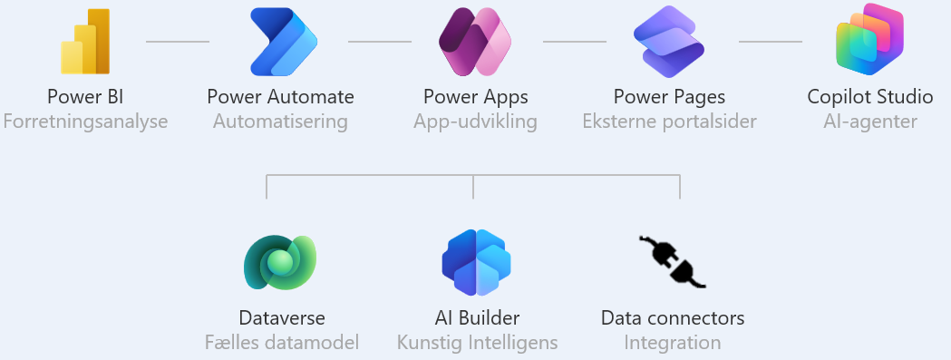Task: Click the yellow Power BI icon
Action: coord(85,44)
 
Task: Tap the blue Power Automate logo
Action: coord(281,42)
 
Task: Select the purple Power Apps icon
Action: coord(475,42)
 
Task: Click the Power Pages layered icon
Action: coord(669,42)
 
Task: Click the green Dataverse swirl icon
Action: coord(280,263)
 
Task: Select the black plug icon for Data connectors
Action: coord(672,262)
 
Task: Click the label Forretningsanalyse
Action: coord(85,122)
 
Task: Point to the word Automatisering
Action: coord(280,122)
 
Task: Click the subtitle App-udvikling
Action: coord(475,122)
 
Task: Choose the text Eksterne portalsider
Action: coord(669,122)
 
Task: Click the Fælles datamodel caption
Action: coord(281,343)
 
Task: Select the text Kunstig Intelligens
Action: coord(477,343)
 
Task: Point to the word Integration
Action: coord(672,343)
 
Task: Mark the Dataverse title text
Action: coord(281,318)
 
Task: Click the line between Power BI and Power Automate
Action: coord(178,42)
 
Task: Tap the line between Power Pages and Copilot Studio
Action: coord(771,42)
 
